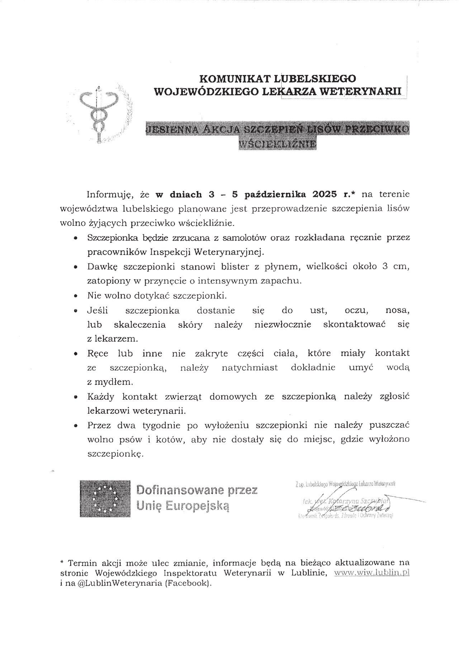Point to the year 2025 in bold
[324, 195]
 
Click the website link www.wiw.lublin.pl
[372, 572]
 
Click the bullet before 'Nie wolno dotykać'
[75, 296]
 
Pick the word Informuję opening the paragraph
[110, 195]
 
